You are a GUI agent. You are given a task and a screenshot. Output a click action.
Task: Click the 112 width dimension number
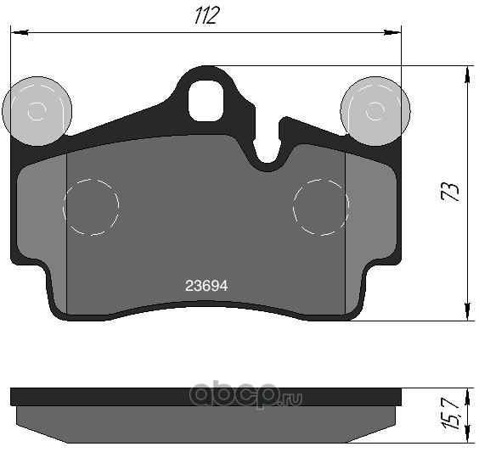[207, 15]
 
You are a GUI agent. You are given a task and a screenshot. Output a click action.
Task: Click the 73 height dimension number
[450, 192]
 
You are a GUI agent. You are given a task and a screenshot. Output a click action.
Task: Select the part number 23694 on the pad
[206, 286]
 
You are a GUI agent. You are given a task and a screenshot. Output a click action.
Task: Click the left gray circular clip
[37, 111]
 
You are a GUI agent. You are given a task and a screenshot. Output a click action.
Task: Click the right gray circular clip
[375, 111]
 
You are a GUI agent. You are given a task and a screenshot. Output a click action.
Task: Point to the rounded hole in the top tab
[206, 101]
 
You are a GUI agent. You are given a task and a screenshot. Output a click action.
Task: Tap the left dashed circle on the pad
[91, 207]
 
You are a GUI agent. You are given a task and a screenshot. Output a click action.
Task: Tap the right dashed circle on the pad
[321, 207]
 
